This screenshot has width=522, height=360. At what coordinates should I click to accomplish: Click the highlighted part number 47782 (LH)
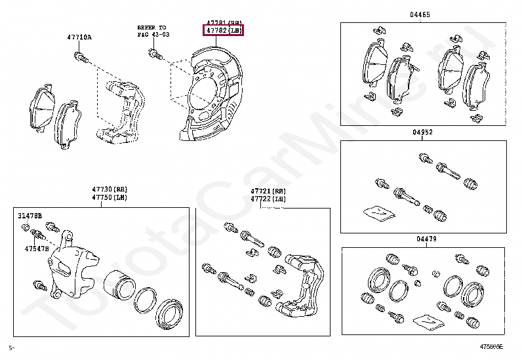(x=223, y=30)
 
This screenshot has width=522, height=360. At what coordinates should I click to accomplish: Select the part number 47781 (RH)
(x=223, y=22)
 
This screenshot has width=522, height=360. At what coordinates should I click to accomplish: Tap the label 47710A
(x=79, y=37)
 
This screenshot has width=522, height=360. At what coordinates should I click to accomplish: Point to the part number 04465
(x=420, y=14)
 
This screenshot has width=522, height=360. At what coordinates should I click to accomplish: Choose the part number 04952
(x=422, y=132)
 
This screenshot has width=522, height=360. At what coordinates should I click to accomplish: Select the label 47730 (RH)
(x=110, y=189)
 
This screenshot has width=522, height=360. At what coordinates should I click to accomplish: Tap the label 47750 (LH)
(x=110, y=197)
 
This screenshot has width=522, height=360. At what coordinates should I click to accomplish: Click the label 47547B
(x=37, y=249)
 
